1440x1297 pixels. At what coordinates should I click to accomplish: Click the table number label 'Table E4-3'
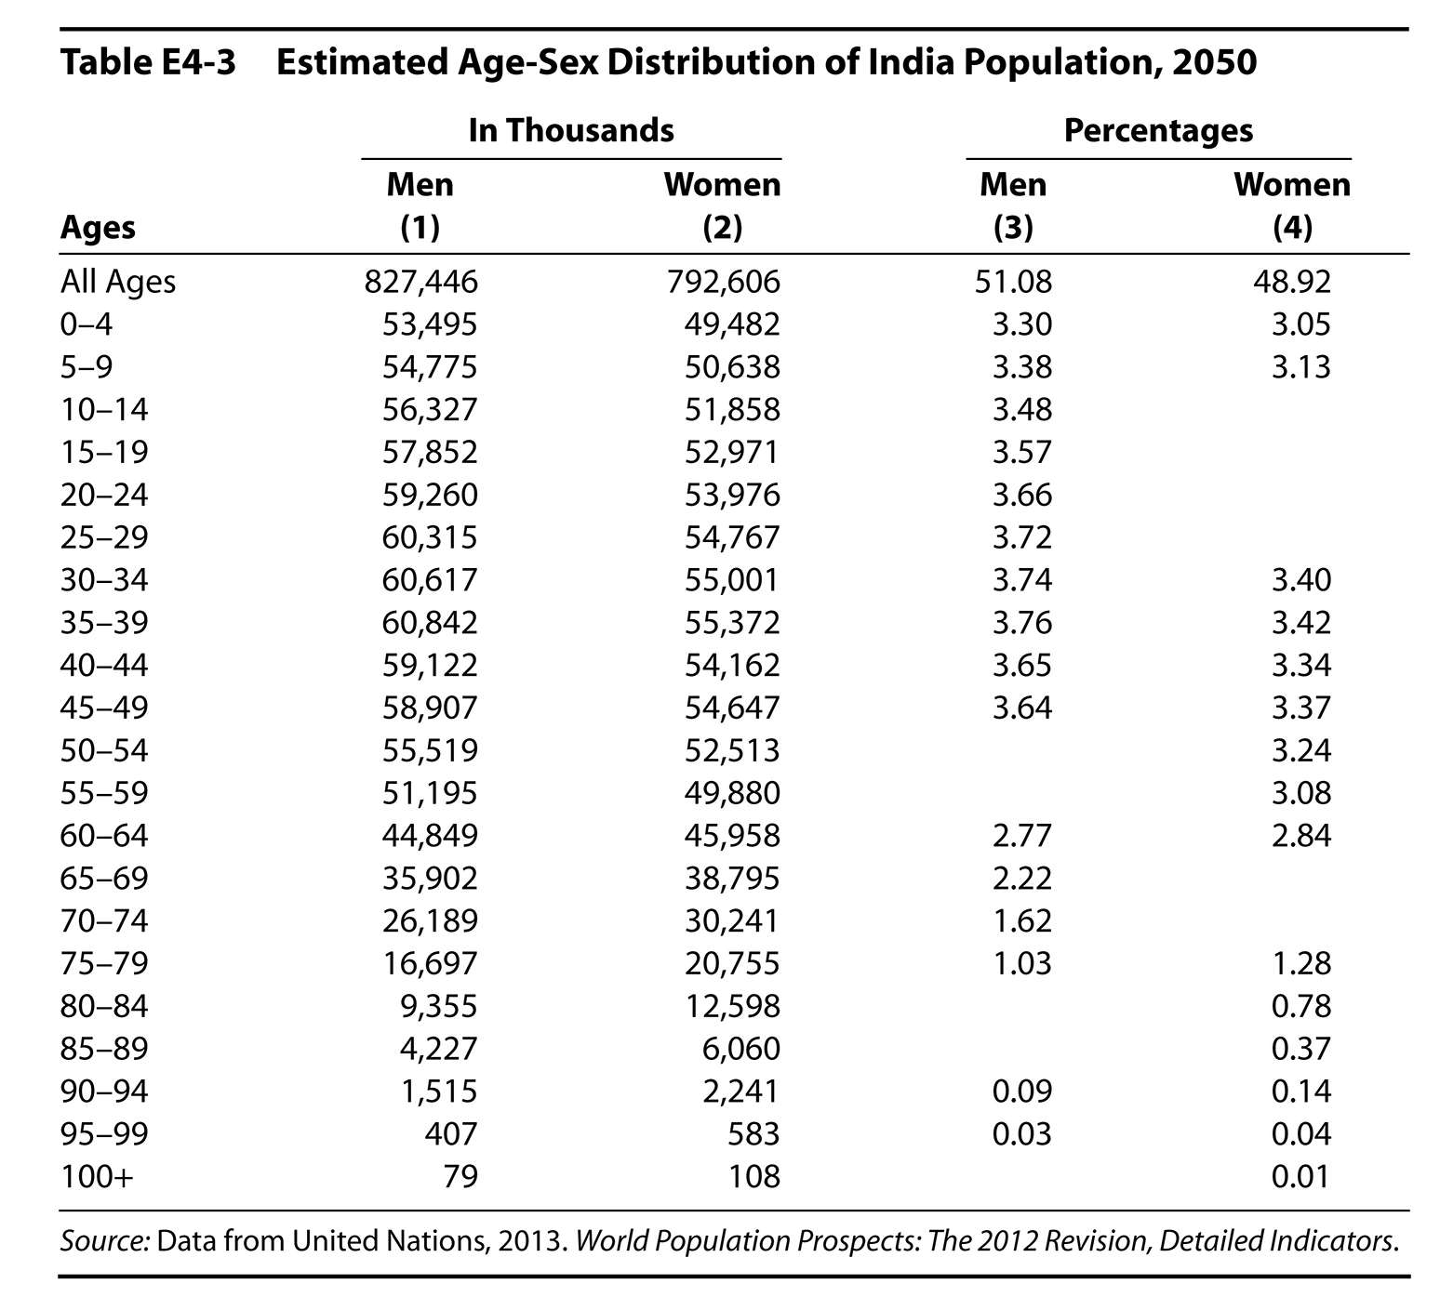click(x=148, y=63)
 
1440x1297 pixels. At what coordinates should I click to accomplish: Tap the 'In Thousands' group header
click(x=571, y=129)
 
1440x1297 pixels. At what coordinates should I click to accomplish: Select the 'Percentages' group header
click(x=1158, y=129)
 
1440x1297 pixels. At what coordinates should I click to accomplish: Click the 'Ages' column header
click(x=98, y=228)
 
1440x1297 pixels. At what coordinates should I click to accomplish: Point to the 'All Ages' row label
click(x=118, y=281)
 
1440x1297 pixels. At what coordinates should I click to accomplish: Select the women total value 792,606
click(x=722, y=281)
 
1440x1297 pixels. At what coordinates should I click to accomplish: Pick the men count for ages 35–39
click(x=430, y=622)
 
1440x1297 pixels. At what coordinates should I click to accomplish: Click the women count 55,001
click(x=731, y=580)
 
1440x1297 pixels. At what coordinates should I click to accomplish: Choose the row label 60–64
click(x=104, y=836)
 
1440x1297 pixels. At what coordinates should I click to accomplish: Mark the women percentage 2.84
click(x=1301, y=836)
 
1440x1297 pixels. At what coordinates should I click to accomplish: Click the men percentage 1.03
click(x=1021, y=963)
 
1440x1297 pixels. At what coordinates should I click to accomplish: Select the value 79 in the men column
click(x=460, y=1177)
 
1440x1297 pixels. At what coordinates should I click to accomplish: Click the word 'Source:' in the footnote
click(x=104, y=1241)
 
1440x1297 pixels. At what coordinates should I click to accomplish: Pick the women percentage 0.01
click(x=1301, y=1177)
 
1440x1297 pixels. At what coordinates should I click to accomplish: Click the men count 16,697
click(x=430, y=963)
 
